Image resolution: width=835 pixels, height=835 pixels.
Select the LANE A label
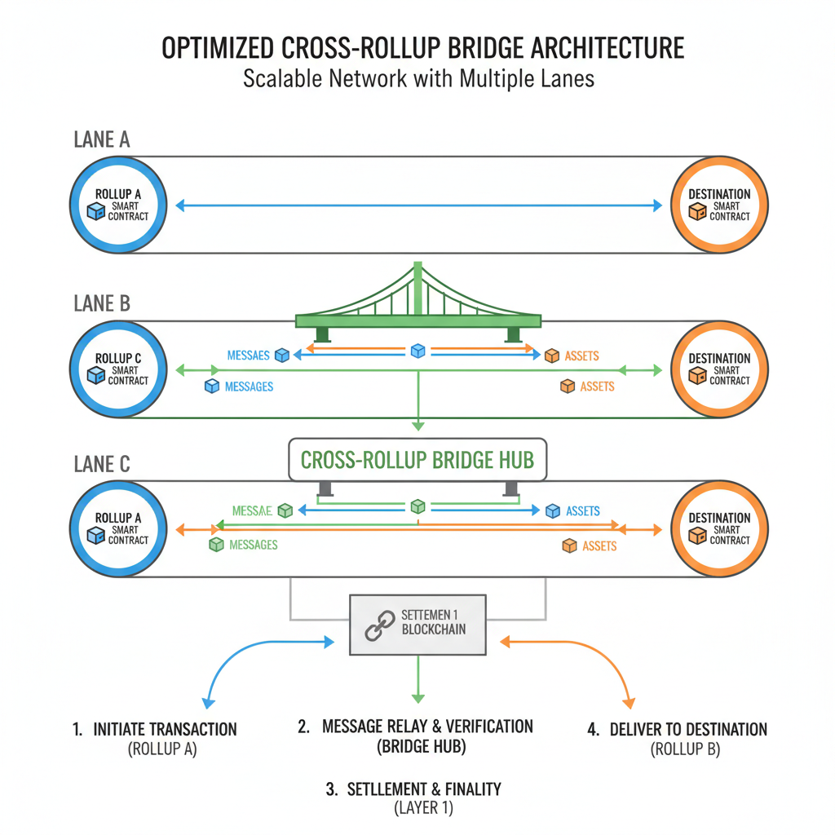click(101, 139)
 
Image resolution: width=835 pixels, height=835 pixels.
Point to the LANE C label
click(101, 465)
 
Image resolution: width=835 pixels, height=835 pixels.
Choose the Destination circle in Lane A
click(718, 205)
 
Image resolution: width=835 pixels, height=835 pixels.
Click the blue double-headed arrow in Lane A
click(418, 206)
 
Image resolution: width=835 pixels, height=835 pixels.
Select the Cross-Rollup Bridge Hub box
click(417, 460)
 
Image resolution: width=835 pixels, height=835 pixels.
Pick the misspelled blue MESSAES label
click(249, 356)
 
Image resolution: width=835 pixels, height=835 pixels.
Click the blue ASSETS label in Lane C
click(582, 511)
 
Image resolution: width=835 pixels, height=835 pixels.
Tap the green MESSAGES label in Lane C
click(253, 545)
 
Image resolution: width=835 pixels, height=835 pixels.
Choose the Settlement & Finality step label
click(424, 789)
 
